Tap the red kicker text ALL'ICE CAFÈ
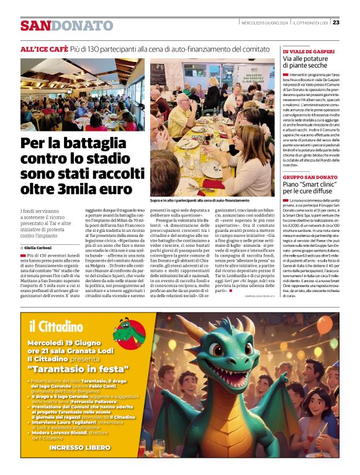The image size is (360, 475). tap(44, 48)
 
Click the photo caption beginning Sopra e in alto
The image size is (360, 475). tap(196, 201)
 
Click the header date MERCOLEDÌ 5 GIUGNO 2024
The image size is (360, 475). tap(263, 23)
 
